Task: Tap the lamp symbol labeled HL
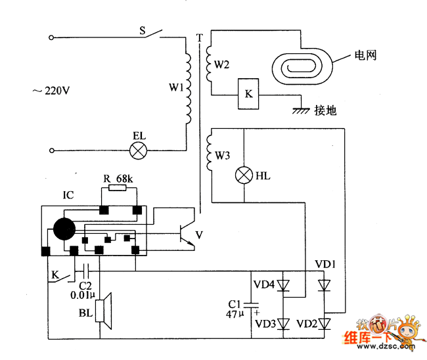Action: click(x=244, y=175)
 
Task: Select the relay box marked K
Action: click(x=248, y=94)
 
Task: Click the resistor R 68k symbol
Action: click(x=119, y=189)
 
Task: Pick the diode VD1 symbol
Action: click(x=323, y=285)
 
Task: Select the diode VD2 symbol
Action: click(x=323, y=323)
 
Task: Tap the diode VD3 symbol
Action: click(x=283, y=323)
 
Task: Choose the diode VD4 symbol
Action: click(x=283, y=285)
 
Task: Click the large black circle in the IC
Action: click(x=64, y=229)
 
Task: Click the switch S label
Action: click(x=142, y=30)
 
